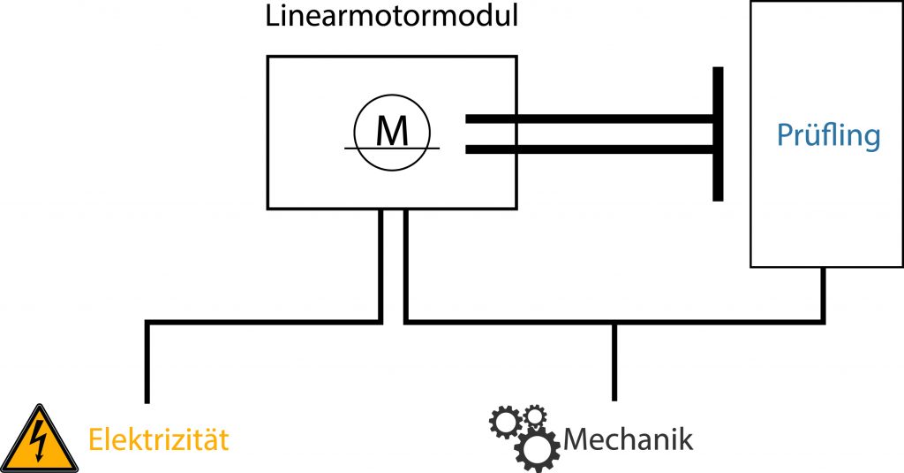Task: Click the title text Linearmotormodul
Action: point(391,18)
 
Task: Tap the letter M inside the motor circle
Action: point(391,131)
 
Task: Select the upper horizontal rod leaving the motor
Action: point(590,118)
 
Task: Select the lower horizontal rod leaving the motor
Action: point(590,149)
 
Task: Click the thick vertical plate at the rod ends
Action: point(718,134)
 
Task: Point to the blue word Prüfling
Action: point(828,135)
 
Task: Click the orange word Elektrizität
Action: point(158,439)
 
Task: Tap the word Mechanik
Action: point(628,439)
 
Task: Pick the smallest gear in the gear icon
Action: point(535,415)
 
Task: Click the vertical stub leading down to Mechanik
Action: point(614,362)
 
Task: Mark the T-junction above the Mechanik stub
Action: point(614,322)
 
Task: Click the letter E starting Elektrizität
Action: point(94,439)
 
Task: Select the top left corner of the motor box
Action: point(268,57)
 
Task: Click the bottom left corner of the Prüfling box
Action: point(751,266)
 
